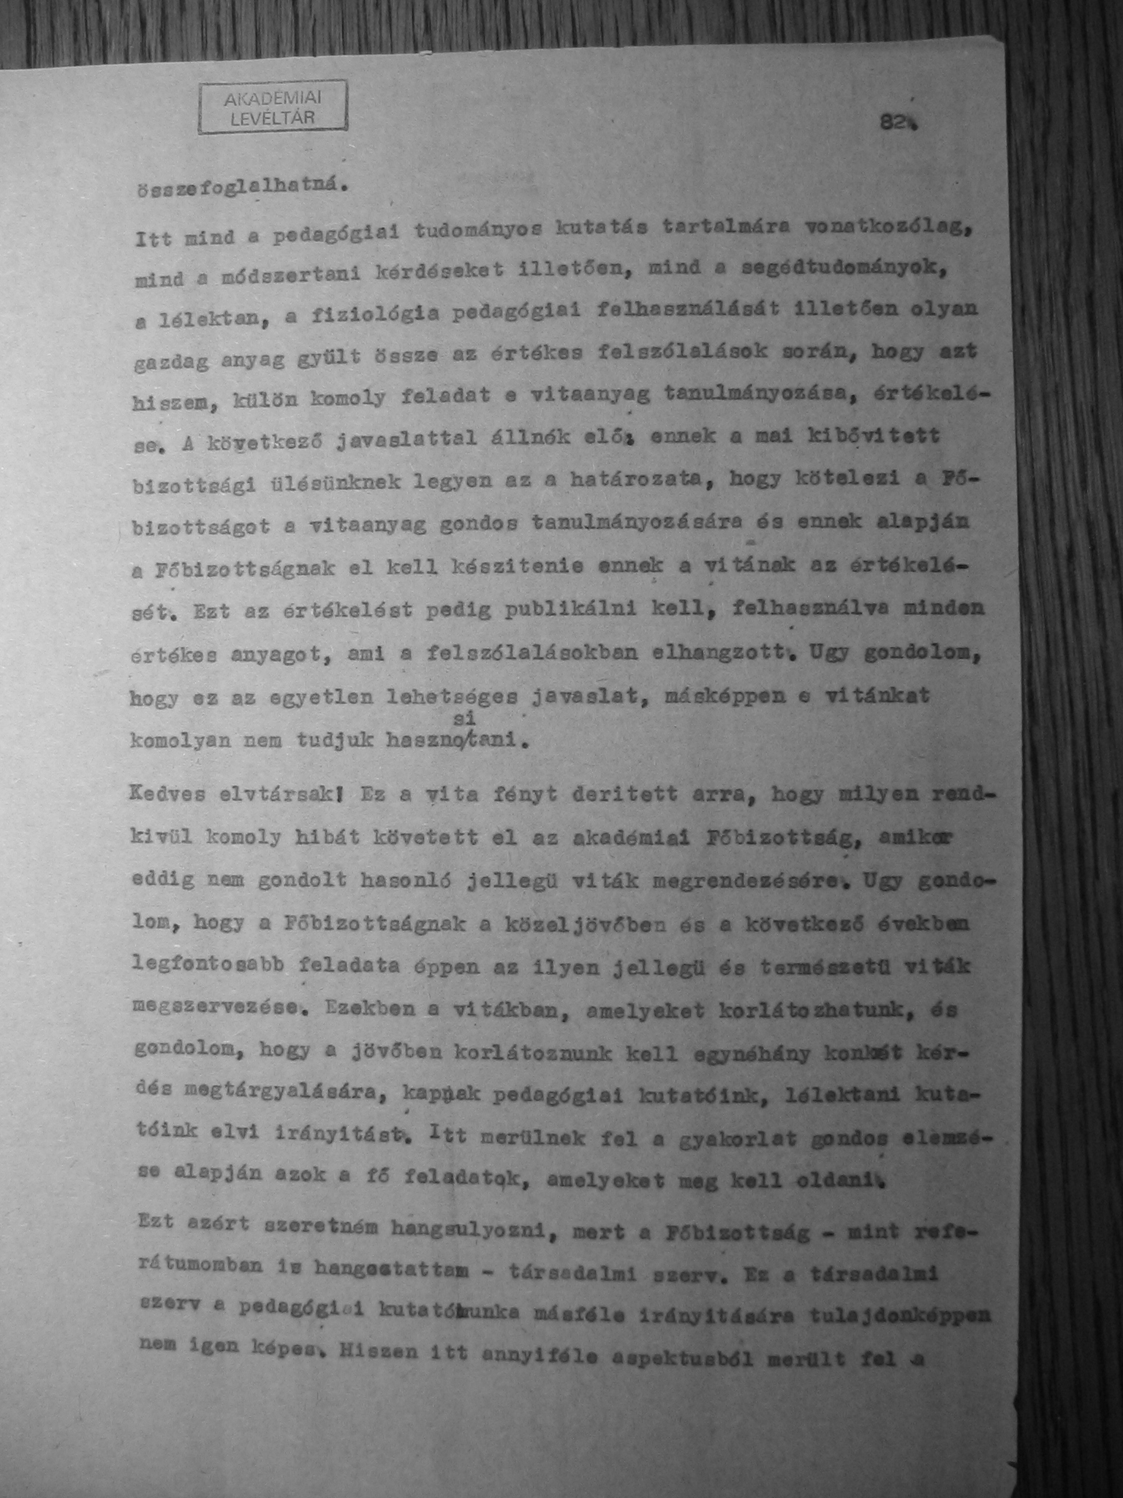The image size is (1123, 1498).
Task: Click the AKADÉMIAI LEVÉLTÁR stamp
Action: [273, 107]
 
